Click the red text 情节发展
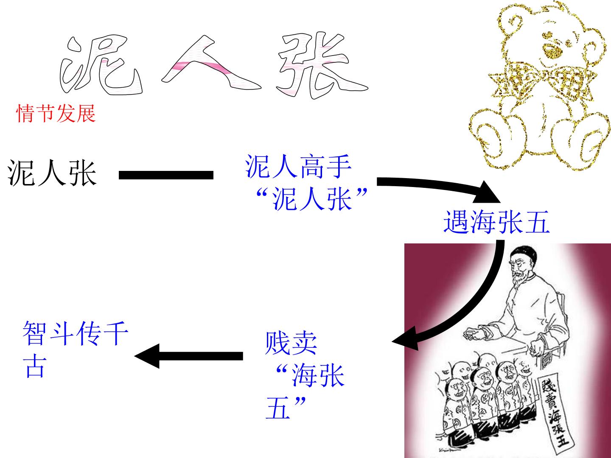pos(56,113)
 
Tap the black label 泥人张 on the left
pos(52,173)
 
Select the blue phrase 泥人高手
pos(298,166)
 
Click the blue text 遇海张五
pos(496,222)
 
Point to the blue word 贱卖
pos(291,343)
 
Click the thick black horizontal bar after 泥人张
pos(166,175)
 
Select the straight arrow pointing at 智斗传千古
pos(188,356)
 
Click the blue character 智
pos(34,333)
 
